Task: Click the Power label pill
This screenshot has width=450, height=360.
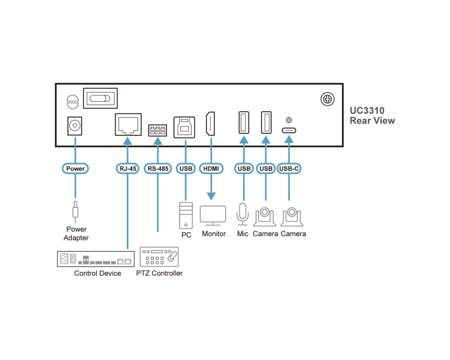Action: click(75, 168)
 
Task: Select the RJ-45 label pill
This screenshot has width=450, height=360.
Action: click(128, 168)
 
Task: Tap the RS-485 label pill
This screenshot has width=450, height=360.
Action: click(158, 168)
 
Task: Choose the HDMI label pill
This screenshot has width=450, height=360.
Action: click(211, 168)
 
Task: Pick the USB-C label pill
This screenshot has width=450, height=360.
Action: click(289, 168)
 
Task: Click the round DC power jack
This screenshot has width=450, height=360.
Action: click(75, 126)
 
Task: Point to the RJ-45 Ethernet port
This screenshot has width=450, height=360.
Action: click(128, 124)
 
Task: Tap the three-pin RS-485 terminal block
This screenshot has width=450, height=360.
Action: click(157, 130)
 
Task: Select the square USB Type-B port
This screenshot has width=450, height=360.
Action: click(184, 127)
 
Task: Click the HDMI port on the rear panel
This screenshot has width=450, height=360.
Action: click(210, 124)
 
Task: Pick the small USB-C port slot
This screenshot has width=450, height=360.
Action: click(289, 130)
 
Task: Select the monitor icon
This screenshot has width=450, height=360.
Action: click(213, 216)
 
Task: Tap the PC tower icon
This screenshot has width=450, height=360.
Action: click(186, 215)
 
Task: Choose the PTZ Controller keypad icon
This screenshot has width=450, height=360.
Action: click(159, 256)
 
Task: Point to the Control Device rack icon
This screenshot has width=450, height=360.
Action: click(96, 259)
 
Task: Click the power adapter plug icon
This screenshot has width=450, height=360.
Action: click(75, 212)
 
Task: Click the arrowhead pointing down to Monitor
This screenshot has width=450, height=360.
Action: click(211, 196)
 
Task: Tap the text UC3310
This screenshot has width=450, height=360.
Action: click(367, 111)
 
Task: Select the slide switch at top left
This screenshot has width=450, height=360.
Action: click(100, 98)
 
